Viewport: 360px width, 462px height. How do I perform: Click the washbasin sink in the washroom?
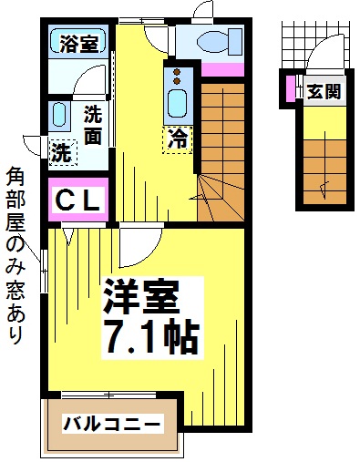click(x=60, y=115)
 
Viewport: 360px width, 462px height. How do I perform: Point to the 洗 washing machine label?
click(x=61, y=151)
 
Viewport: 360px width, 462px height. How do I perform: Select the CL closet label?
click(x=80, y=201)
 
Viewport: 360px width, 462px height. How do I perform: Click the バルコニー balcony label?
click(x=112, y=424)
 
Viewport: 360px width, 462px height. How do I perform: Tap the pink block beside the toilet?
click(x=223, y=69)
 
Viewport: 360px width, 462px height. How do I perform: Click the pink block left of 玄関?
click(x=291, y=88)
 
